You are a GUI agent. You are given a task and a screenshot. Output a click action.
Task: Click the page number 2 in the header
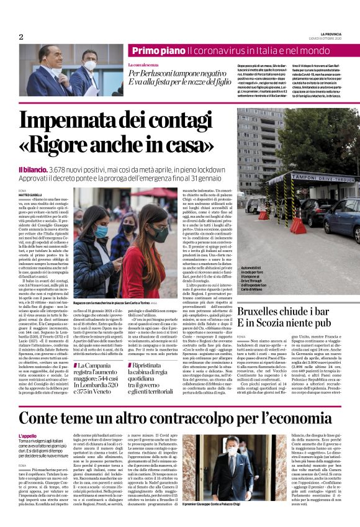tap(21, 37)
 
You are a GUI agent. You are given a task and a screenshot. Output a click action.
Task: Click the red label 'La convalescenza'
tap(145, 65)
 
